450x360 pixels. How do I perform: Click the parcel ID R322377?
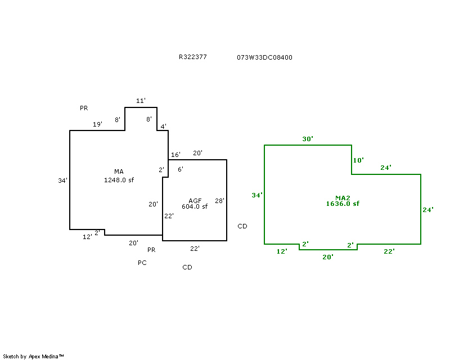[193, 57]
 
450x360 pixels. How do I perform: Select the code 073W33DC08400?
[265, 57]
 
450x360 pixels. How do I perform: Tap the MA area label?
[119, 172]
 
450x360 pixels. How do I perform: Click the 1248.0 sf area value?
[119, 180]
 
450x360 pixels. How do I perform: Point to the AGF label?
[195, 200]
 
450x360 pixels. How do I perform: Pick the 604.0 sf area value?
[195, 206]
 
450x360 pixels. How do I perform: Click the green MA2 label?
[343, 197]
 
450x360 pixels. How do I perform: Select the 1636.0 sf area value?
[343, 204]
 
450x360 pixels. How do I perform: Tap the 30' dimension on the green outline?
[307, 138]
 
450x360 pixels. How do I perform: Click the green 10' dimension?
[358, 160]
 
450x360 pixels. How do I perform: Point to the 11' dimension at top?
[141, 101]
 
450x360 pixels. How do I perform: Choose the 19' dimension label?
[97, 124]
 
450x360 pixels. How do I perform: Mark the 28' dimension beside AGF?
[219, 201]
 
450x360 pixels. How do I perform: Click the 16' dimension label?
[175, 155]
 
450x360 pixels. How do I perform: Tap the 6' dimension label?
[180, 169]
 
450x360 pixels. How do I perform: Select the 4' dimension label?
[163, 127]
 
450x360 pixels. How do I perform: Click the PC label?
[142, 263]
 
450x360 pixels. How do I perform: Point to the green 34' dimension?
[257, 195]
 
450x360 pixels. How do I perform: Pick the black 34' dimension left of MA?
[62, 181]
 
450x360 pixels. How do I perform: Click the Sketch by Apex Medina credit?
[34, 356]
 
